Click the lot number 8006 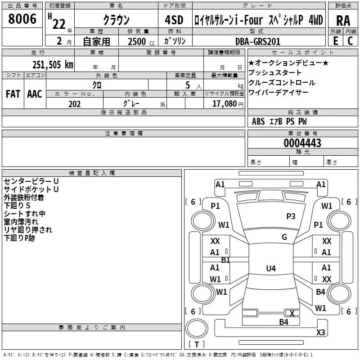22,19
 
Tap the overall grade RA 343,21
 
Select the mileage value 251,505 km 53,65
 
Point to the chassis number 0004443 302,143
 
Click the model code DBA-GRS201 258,41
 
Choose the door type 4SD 174,20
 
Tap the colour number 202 75,104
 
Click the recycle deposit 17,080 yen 228,104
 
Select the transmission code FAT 13,94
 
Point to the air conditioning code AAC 35,94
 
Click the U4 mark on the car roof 271,268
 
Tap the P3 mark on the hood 291,216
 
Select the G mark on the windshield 284,237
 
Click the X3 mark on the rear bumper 320,332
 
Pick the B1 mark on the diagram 225,260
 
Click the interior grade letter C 350,41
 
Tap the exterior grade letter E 336,41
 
